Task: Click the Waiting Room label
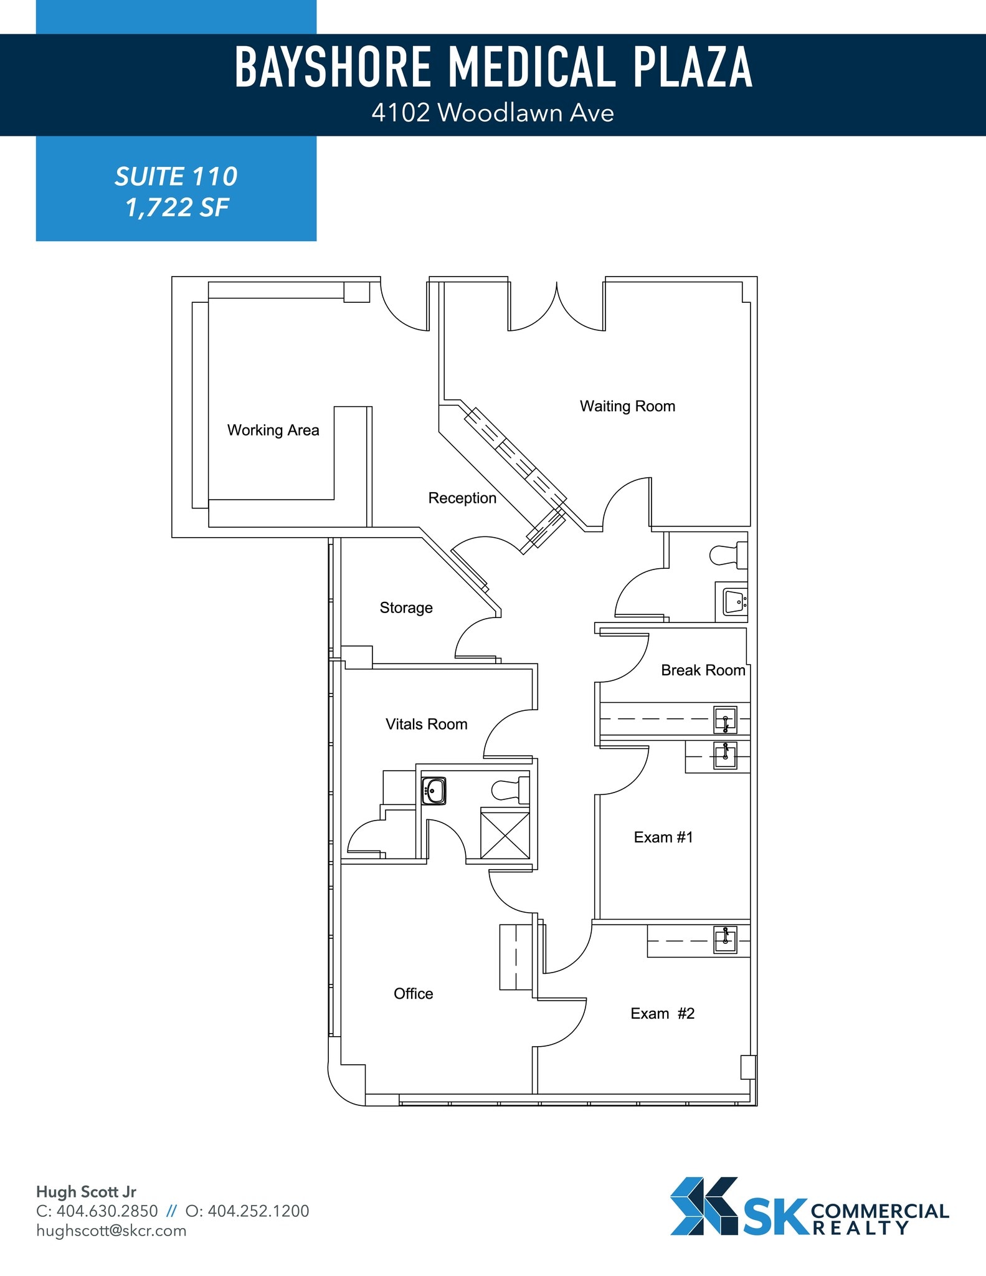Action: tap(627, 406)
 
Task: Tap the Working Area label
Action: tap(273, 430)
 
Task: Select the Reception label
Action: tap(462, 498)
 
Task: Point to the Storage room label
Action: tap(406, 607)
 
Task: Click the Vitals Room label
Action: tap(426, 724)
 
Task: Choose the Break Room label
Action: tap(703, 670)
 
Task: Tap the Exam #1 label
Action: tap(663, 837)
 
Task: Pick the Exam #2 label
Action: tap(662, 1014)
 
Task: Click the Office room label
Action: tap(413, 994)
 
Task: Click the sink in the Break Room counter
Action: tap(725, 720)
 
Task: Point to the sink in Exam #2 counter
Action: tap(725, 940)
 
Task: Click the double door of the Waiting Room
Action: tap(556, 308)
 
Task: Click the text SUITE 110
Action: tap(176, 177)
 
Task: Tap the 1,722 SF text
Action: tap(177, 207)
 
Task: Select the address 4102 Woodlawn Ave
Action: tap(492, 113)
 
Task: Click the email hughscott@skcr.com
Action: tap(111, 1231)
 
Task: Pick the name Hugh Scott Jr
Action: tap(86, 1192)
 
